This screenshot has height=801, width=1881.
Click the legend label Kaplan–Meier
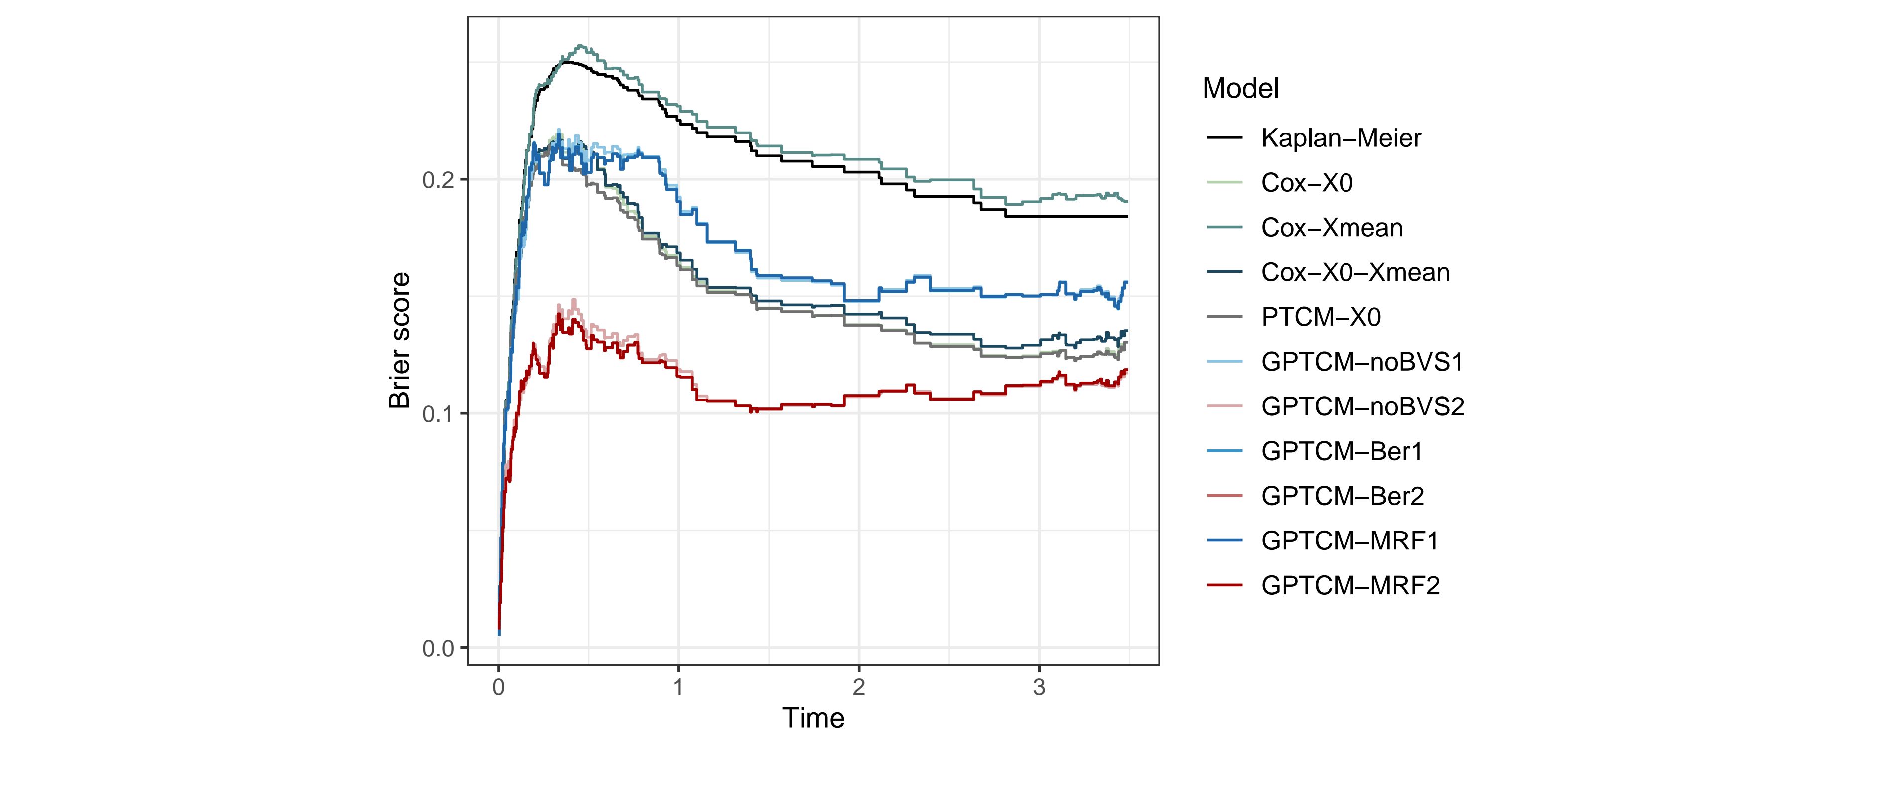[1341, 138]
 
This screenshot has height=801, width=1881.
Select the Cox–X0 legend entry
[1306, 182]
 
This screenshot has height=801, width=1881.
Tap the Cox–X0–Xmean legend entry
[1354, 272]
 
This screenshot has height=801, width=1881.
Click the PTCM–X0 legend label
[1320, 317]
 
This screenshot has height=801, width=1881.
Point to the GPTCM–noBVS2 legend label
[1362, 406]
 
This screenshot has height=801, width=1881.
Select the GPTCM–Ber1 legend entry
[1342, 451]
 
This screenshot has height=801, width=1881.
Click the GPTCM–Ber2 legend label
[1342, 496]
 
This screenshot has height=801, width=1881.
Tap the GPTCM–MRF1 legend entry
[1349, 541]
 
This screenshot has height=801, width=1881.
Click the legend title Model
[1240, 88]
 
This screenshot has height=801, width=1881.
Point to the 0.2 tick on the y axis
[439, 180]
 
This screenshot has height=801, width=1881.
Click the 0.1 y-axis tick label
[439, 414]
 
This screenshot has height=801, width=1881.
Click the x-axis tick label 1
[678, 687]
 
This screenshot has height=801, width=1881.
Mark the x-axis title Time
[812, 718]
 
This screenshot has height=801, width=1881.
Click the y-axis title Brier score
[400, 340]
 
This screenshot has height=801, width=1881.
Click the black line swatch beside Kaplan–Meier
[1224, 138]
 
